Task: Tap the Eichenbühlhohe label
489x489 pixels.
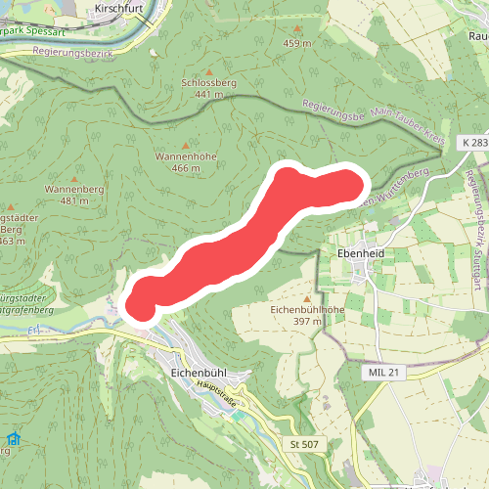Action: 307,309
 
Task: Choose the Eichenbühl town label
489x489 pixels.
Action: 199,373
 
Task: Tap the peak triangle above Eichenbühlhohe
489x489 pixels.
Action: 307,297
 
